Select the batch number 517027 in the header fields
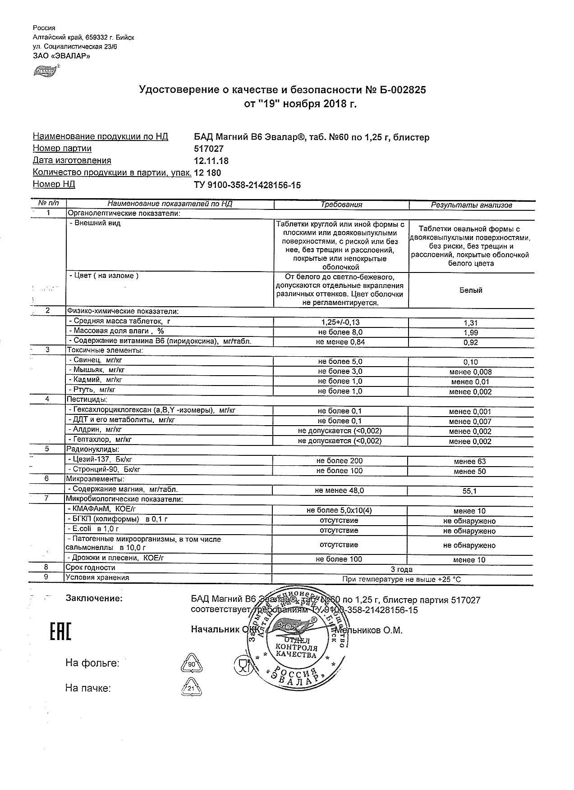click(208, 149)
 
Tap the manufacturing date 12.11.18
click(211, 161)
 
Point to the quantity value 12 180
click(207, 173)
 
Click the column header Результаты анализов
click(471, 205)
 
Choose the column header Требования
click(341, 204)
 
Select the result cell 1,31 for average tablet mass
click(470, 323)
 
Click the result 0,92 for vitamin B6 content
click(470, 343)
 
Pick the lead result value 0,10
click(470, 362)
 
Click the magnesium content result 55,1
click(470, 491)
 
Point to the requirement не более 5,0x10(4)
click(339, 510)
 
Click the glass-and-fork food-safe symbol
click(242, 665)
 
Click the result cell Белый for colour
click(471, 291)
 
